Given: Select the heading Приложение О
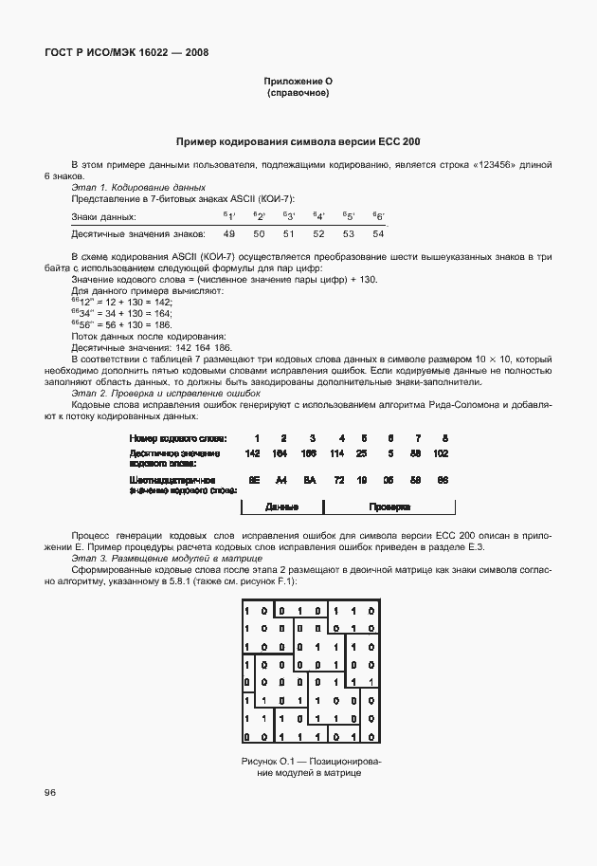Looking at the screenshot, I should point(298,83).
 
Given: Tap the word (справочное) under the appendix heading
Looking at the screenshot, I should point(298,94).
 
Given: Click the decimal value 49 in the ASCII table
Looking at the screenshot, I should point(229,232).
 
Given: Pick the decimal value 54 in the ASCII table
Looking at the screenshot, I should point(378,232).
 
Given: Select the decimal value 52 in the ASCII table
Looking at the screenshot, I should point(318,232).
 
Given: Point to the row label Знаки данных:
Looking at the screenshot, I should point(99,217).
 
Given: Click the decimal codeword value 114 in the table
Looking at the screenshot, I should point(337,454).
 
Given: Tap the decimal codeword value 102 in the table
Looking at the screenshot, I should point(441,454).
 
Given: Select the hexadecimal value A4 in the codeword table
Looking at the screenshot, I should point(282,481).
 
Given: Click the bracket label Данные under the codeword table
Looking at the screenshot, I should point(281,507).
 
